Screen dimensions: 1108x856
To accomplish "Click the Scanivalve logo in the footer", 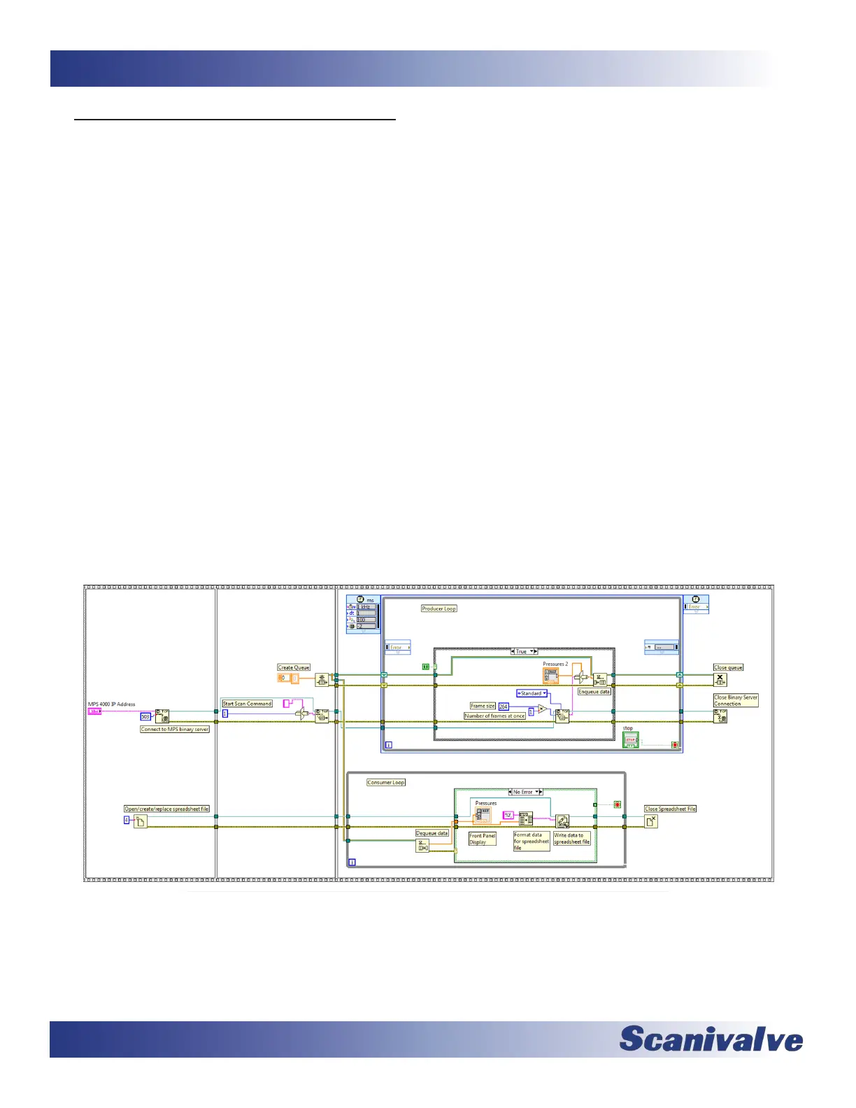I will pos(711,1038).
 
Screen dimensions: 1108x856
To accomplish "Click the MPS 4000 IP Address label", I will pos(111,704).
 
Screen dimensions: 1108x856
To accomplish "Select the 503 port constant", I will pos(145,716).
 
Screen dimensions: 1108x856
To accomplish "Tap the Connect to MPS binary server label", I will pos(175,729).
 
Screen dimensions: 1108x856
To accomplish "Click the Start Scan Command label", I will pos(247,704).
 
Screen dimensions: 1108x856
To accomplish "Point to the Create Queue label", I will pos(294,667).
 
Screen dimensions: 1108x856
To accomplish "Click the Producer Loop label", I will pos(438,609).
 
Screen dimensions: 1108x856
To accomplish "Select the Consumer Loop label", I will pos(386,782).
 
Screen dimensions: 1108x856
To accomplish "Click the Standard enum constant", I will pos(532,693).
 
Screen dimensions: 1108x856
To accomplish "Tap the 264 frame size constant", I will pos(503,706).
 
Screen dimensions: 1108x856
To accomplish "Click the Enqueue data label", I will pos(594,692).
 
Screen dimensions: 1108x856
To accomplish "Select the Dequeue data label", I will pos(432,833).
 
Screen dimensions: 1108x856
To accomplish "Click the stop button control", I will pos(631,740).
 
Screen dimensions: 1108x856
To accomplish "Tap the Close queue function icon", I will pos(720,679).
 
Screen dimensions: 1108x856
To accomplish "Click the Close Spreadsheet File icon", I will pos(650,821).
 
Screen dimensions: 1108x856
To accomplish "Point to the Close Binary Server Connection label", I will pos(735,700).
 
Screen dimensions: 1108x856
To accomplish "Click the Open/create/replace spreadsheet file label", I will pos(166,809).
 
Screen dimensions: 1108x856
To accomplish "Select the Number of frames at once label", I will pos(494,716).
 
